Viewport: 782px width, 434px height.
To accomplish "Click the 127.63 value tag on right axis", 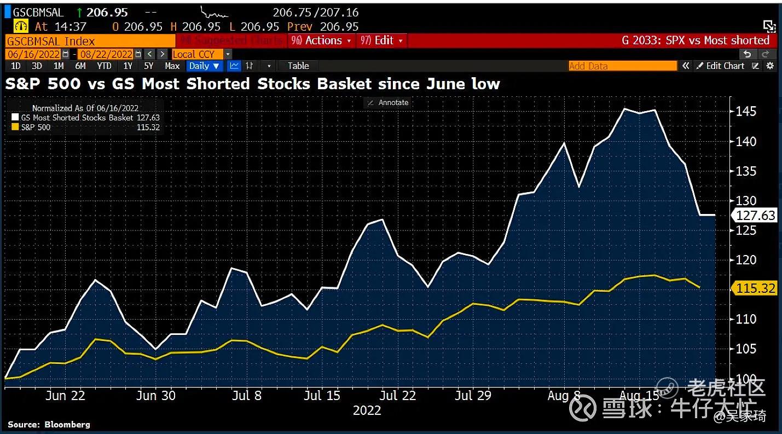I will (756, 215).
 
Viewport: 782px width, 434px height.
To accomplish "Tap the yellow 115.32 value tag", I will (756, 288).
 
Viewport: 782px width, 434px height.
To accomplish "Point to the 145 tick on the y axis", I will (745, 112).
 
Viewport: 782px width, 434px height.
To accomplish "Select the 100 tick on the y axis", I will (745, 379).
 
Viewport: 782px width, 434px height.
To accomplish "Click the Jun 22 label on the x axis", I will (65, 396).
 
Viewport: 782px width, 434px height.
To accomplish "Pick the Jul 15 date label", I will (322, 396).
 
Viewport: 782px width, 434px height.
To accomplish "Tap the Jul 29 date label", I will (473, 396).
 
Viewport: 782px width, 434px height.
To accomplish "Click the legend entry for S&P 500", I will (36, 128).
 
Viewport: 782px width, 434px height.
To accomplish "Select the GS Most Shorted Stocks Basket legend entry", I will (77, 118).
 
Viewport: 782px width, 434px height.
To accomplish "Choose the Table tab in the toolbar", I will (298, 66).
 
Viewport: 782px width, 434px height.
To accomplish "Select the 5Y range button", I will (148, 66).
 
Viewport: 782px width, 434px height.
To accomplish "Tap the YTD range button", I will (104, 66).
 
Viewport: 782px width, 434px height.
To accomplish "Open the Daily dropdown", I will (204, 66).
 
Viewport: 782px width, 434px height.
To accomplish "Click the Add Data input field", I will (622, 66).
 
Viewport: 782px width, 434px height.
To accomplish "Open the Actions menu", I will (323, 40).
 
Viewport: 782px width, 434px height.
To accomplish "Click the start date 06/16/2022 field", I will (33, 54).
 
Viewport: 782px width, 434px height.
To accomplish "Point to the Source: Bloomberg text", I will (49, 425).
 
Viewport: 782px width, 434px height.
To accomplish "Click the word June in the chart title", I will (449, 84).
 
